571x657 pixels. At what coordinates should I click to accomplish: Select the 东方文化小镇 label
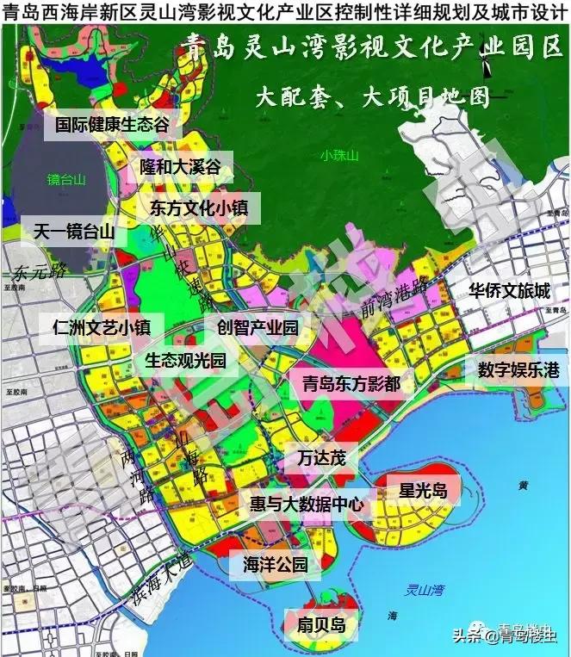click(199, 208)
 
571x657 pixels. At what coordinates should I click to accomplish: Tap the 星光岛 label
click(423, 491)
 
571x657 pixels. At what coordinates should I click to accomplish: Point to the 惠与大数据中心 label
click(306, 504)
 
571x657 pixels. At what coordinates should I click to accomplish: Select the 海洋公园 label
click(276, 565)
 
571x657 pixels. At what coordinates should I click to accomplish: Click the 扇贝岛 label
click(320, 624)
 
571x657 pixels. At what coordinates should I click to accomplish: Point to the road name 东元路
click(40, 274)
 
